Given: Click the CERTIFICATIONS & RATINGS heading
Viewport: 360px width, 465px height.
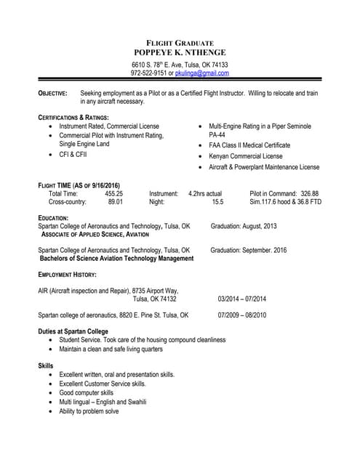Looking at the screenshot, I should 73,118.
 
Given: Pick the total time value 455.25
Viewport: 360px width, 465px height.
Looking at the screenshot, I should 113,194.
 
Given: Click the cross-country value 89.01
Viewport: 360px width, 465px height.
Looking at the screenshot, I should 116,202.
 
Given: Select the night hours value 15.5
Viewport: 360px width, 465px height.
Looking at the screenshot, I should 217,202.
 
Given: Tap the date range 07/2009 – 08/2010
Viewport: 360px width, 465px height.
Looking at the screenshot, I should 242,315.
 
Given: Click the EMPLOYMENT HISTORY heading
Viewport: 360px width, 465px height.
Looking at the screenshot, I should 67,275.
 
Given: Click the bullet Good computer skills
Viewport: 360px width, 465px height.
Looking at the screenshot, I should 87,392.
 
